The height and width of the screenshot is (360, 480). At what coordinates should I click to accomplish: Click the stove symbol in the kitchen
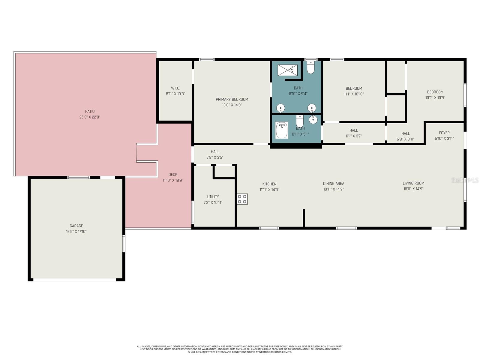coord(242,199)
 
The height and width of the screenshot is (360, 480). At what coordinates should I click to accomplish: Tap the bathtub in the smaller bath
coord(282,130)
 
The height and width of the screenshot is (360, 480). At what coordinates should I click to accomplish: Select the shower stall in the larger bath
coord(288,70)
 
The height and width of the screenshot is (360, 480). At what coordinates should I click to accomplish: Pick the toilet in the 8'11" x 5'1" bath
coord(300,121)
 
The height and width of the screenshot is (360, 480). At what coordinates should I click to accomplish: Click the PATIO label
coord(90,112)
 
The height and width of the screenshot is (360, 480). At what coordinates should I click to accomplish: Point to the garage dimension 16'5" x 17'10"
coord(76,232)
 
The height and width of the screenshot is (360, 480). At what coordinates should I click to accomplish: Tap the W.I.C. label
coord(175,88)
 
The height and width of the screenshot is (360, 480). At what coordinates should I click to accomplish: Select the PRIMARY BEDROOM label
coord(232,99)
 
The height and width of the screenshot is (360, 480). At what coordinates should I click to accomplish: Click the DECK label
coord(173,175)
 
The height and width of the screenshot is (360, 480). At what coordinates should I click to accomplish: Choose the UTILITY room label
coord(213,197)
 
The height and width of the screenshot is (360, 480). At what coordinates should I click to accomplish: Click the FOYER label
coord(444,133)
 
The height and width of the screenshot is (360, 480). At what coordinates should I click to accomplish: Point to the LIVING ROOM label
coord(413,183)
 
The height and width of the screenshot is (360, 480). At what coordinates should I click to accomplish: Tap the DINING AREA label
coord(334,184)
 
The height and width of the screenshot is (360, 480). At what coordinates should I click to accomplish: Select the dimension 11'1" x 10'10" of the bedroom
coord(354,94)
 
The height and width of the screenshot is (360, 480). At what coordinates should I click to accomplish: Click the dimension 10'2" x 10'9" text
coord(435,97)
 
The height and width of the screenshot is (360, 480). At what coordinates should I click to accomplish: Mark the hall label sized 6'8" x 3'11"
coord(406,133)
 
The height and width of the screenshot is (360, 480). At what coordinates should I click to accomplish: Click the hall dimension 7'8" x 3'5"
coord(215,157)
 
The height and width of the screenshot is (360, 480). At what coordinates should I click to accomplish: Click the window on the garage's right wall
coord(124,243)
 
